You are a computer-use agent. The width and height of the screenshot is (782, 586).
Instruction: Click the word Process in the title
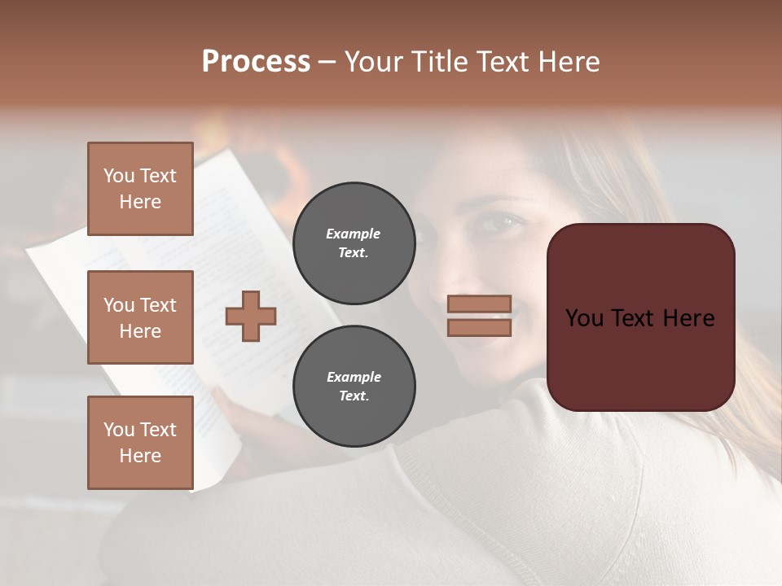click(x=256, y=62)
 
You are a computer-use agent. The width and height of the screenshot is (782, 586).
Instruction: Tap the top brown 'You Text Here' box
click(x=140, y=189)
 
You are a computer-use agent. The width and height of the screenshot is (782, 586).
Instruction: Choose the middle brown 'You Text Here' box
click(x=140, y=317)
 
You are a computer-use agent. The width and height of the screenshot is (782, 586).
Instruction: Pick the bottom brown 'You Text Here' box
click(x=140, y=442)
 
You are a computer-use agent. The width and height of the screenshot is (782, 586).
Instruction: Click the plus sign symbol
click(x=251, y=316)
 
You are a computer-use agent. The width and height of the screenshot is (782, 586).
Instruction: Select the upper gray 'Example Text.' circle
click(x=354, y=243)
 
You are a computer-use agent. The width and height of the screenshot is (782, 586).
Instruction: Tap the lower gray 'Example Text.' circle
click(x=354, y=386)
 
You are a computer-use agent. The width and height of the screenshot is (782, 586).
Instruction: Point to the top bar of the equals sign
click(x=480, y=304)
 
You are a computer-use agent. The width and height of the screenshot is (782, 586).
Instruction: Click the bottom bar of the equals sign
click(x=480, y=327)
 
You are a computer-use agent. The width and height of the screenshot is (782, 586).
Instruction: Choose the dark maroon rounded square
click(x=640, y=317)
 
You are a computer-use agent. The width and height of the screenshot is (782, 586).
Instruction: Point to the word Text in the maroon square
click(x=640, y=318)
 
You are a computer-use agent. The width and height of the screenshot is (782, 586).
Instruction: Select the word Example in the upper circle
click(x=354, y=234)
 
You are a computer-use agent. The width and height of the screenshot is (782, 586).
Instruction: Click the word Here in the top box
click(x=140, y=202)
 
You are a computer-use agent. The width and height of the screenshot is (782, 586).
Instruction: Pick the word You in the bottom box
click(x=118, y=430)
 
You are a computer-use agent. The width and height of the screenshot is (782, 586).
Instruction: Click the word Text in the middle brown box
click(x=158, y=305)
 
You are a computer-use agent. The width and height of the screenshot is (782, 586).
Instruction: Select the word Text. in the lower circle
click(x=354, y=396)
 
